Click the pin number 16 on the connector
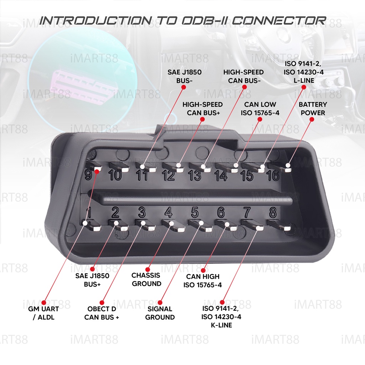point(273,175)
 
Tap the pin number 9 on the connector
point(88,175)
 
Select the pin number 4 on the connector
point(169,212)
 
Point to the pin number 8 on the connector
point(273,212)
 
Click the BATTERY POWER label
point(313,108)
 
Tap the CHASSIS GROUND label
point(146,279)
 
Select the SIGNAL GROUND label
point(160,313)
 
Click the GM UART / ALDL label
point(43,313)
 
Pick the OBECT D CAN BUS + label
point(102,313)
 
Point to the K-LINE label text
point(221,325)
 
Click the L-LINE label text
point(304,81)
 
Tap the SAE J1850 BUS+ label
point(92,280)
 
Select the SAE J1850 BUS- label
point(184,76)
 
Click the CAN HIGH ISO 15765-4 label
point(202,281)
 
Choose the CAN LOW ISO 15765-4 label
point(260,108)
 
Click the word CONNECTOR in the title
point(279,20)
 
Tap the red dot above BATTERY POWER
point(312,119)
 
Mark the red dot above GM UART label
point(44,303)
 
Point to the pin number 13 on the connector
point(195,175)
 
